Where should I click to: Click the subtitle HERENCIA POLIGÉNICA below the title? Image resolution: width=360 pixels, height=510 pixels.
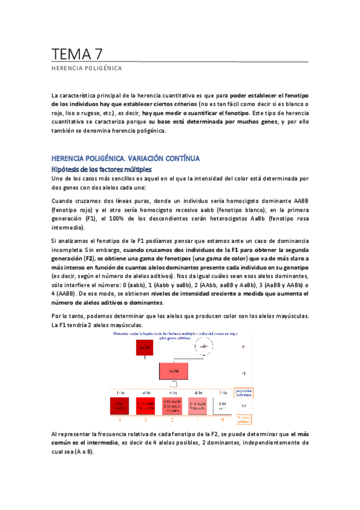click(87, 68)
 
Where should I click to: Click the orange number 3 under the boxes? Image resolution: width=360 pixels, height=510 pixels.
click(145, 419)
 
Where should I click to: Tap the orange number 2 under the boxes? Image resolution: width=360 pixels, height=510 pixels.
click(172, 419)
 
